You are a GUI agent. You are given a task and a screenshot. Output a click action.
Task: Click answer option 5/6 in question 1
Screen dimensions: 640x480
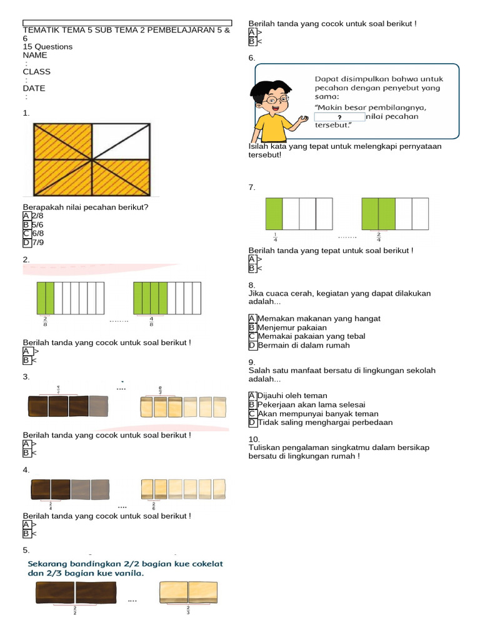[37, 225]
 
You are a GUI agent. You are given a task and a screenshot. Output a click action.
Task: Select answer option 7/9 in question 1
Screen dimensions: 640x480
[37, 242]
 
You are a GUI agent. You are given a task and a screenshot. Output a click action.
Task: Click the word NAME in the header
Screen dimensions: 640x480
[35, 55]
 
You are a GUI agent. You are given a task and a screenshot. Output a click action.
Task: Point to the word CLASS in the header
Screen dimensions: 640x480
[37, 71]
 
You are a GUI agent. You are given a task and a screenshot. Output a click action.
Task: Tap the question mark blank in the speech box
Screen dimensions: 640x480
[339, 117]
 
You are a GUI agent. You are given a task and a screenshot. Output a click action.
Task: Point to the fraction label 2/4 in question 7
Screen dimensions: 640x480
[378, 237]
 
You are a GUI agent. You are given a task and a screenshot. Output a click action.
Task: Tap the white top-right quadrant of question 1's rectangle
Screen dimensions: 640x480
[121, 141]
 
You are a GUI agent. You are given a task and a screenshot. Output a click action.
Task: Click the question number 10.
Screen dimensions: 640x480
[254, 439]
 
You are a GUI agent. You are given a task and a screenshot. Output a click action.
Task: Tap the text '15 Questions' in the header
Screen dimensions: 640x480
[47, 47]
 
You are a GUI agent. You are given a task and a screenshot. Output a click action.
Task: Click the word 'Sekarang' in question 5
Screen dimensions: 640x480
[51, 564]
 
